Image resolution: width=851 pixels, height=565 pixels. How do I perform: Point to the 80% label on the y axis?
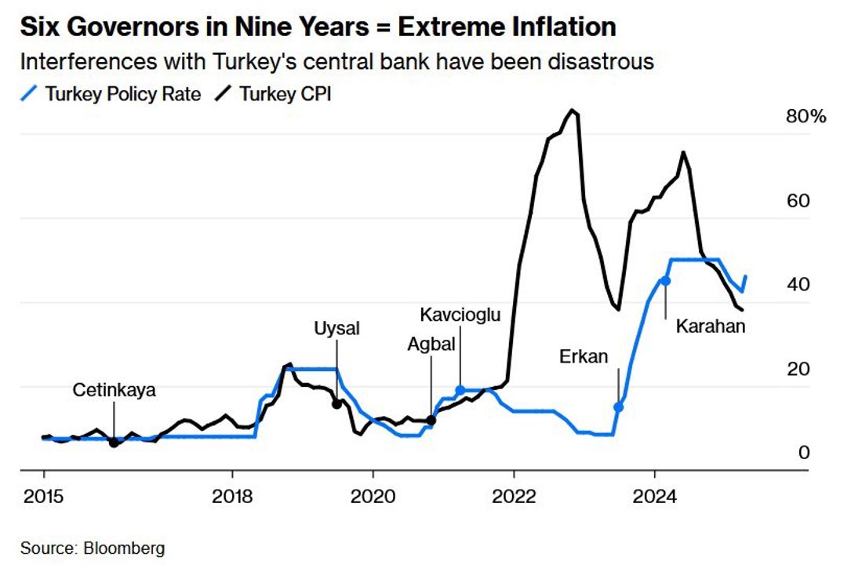point(806,118)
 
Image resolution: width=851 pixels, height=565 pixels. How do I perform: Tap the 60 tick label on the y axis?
point(798,202)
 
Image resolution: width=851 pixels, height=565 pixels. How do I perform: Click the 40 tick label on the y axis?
point(798,286)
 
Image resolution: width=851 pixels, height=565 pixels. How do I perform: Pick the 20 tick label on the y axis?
point(798,370)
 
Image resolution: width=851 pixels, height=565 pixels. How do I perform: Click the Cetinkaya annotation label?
point(115,390)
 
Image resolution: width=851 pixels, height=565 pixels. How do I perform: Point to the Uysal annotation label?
point(336,329)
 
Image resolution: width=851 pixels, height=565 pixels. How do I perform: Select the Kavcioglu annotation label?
point(460,315)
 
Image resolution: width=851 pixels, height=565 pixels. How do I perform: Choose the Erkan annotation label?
point(584,357)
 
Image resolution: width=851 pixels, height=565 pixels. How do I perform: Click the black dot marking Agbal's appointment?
point(431,420)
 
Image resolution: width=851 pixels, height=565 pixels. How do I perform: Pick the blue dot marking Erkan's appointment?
point(618,406)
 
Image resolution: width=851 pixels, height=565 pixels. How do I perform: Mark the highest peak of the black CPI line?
point(573,111)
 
